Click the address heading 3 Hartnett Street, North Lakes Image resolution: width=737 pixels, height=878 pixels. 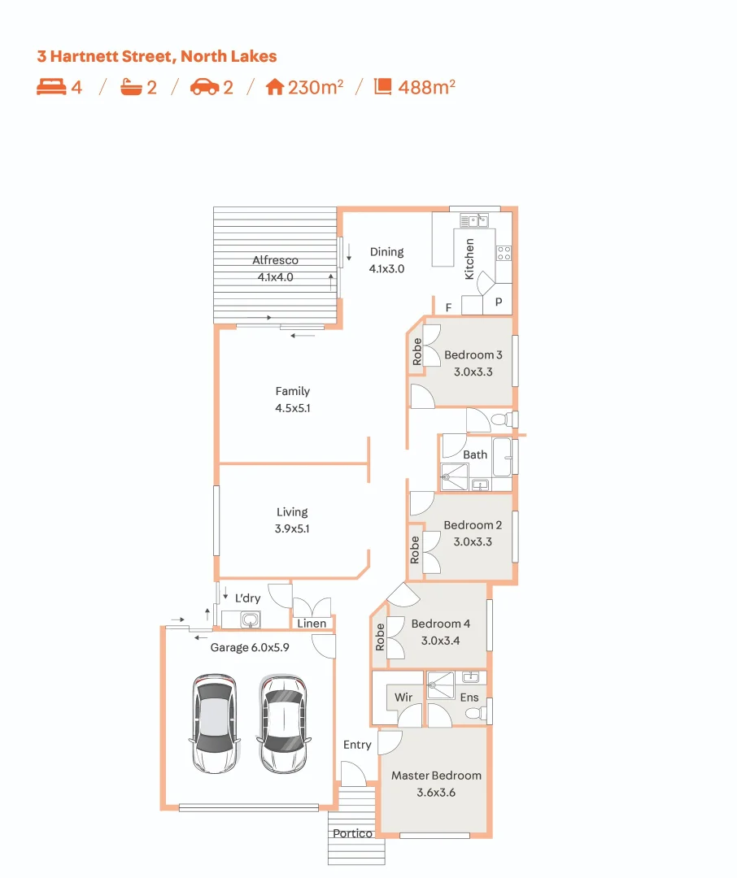pyautogui.click(x=157, y=57)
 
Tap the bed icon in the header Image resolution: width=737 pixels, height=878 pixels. pyautogui.click(x=51, y=87)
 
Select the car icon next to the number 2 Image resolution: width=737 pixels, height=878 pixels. pyautogui.click(x=204, y=87)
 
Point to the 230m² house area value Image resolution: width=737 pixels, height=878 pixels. pyautogui.click(x=316, y=87)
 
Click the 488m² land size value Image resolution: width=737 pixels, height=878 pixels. pyautogui.click(x=426, y=87)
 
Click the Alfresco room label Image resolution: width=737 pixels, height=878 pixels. pyautogui.click(x=275, y=260)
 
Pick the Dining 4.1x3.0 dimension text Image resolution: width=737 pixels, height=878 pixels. pyautogui.click(x=386, y=269)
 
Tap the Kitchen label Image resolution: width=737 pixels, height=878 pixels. pyautogui.click(x=469, y=259)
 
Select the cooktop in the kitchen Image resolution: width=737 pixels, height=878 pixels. pyautogui.click(x=504, y=253)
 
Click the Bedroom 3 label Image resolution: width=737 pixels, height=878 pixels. pyautogui.click(x=473, y=355)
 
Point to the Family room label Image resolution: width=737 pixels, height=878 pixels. pyautogui.click(x=293, y=391)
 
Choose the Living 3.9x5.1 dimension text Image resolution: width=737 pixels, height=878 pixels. pyautogui.click(x=292, y=528)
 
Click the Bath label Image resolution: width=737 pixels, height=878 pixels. pyautogui.click(x=475, y=454)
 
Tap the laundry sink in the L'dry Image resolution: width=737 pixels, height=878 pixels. pyautogui.click(x=250, y=619)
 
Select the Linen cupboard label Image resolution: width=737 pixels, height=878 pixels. pyautogui.click(x=312, y=624)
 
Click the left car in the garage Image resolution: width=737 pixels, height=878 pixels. pyautogui.click(x=215, y=724)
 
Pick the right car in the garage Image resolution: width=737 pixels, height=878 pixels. pyautogui.click(x=283, y=724)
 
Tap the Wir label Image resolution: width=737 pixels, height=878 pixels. pyautogui.click(x=403, y=698)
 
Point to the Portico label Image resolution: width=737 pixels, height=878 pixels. pyautogui.click(x=352, y=833)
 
